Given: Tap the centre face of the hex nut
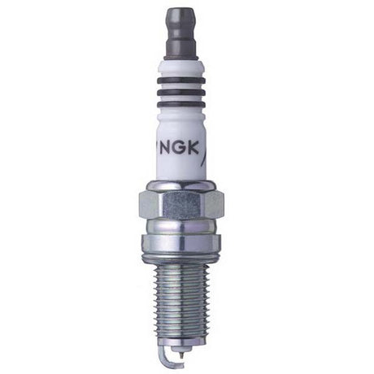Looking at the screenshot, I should pos(180,200).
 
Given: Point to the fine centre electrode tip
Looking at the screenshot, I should pos(180,354).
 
